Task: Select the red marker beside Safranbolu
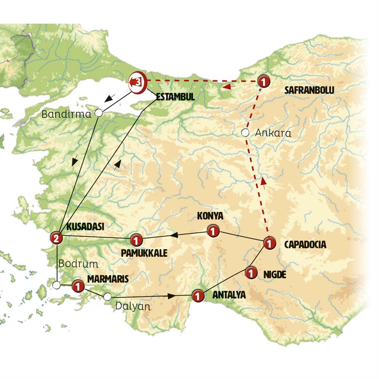(263, 81)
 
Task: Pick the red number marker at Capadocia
(269, 243)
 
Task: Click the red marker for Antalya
(198, 296)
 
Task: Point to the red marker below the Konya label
(213, 231)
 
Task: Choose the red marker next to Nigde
(251, 273)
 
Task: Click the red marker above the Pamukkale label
(136, 240)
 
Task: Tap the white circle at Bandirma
(99, 113)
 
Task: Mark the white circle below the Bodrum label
(56, 286)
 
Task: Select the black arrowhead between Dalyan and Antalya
(171, 296)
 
